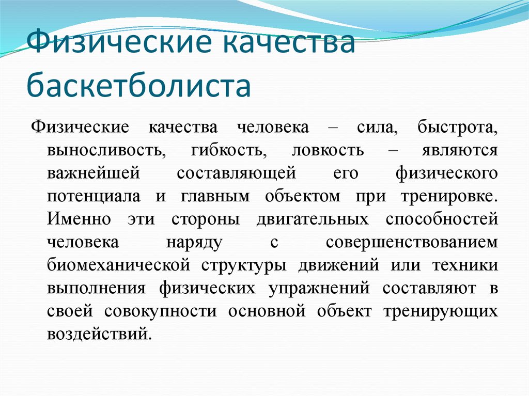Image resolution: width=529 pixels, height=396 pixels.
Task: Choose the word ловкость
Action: point(328,151)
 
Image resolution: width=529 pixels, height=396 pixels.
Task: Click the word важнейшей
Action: point(93,173)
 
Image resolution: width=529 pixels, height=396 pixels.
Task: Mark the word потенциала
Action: point(94,197)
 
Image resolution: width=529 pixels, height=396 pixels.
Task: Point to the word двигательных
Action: point(313,219)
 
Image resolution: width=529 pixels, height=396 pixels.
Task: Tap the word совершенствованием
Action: point(412,242)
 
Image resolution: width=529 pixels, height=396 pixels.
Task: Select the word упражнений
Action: point(318,288)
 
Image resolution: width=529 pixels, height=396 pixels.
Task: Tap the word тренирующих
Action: point(442,311)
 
